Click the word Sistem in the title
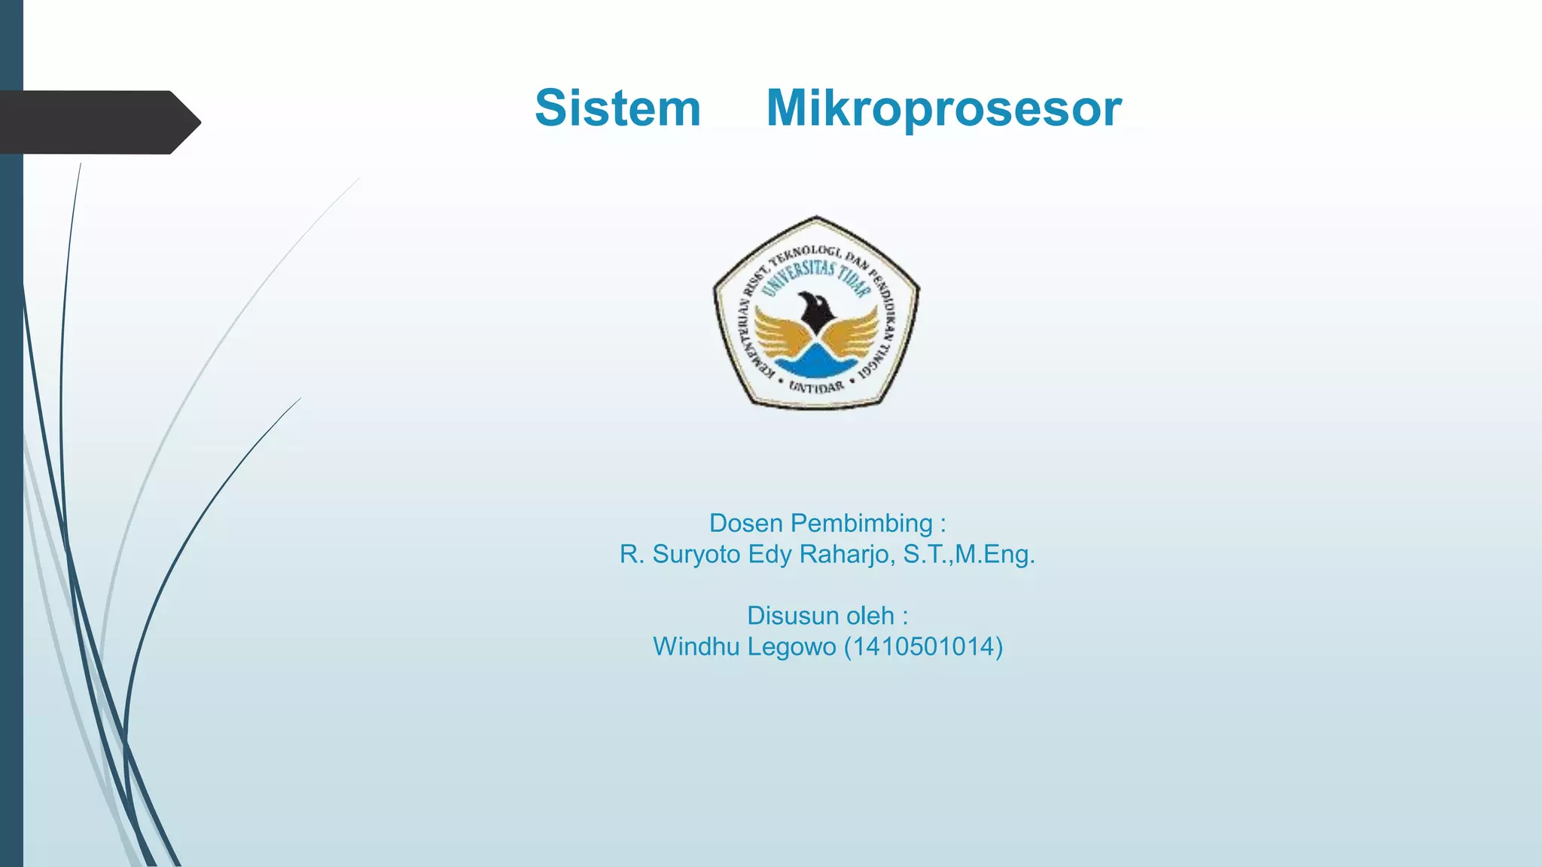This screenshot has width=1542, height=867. pos(617,108)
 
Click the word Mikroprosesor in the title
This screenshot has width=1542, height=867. pos(943,108)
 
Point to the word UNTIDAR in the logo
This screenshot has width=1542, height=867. pos(816,387)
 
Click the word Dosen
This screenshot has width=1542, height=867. pos(745,523)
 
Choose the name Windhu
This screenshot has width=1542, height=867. pos(685,646)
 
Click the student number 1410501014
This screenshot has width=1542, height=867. pos(923,646)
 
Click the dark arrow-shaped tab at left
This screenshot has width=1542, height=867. pos(98,122)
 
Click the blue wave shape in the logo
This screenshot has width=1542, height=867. pos(816,364)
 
